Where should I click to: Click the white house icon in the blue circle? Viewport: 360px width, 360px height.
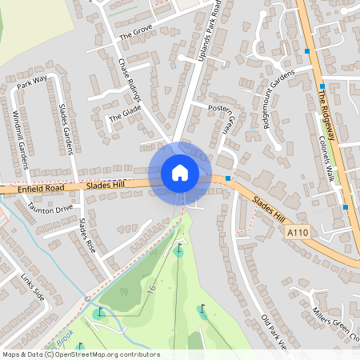[x=180, y=172]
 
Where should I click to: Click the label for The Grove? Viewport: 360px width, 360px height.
[x=135, y=32]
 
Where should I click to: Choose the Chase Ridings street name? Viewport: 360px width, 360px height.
[x=130, y=78]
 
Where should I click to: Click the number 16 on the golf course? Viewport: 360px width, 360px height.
[x=150, y=286]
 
